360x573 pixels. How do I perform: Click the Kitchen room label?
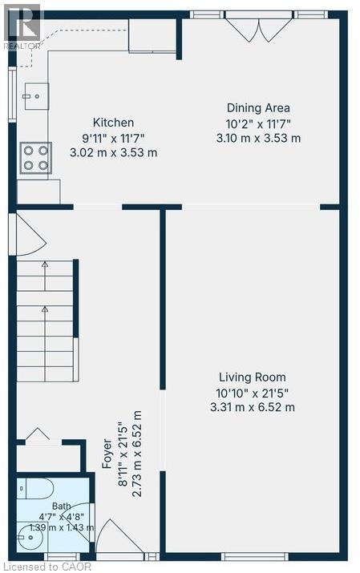[113, 123]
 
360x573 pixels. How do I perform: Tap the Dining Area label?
[258, 108]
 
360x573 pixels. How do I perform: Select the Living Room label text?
[253, 377]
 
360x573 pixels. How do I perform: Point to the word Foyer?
[107, 454]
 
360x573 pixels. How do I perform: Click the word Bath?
[62, 506]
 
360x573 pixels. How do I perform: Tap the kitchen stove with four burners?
[36, 158]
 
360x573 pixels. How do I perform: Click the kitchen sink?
[37, 96]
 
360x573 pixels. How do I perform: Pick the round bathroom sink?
[30, 537]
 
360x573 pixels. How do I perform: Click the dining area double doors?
[259, 26]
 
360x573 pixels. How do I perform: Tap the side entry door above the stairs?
[28, 235]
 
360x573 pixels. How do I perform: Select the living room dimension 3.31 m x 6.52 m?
[253, 407]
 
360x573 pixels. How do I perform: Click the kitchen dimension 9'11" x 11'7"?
[113, 139]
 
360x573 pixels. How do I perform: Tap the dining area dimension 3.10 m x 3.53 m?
[258, 138]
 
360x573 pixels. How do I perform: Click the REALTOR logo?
[22, 26]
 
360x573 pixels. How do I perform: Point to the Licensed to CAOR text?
[46, 567]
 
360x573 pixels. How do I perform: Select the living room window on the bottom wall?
[255, 556]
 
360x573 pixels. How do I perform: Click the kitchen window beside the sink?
[12, 95]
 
